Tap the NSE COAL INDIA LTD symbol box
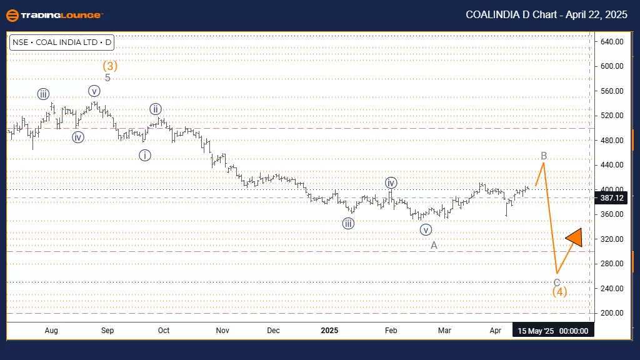pyautogui.click(x=61, y=43)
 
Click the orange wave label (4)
pyautogui.click(x=559, y=291)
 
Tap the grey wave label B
pyautogui.click(x=544, y=156)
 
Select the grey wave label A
pyautogui.click(x=434, y=245)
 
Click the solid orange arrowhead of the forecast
pyautogui.click(x=574, y=237)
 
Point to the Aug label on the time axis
pyautogui.click(x=51, y=330)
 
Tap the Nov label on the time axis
pyautogui.click(x=222, y=330)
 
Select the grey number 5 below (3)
pyautogui.click(x=107, y=77)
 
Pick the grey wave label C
pyautogui.click(x=557, y=282)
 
